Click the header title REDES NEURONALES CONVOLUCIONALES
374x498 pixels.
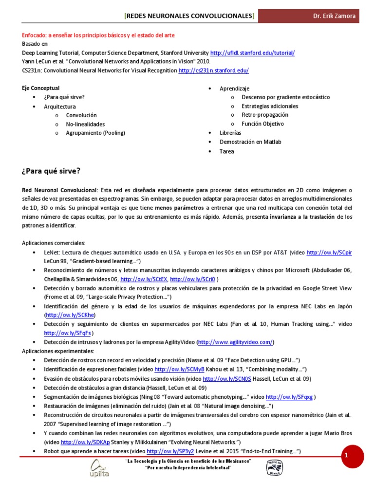tap(189, 16)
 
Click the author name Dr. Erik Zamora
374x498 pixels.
tap(334, 16)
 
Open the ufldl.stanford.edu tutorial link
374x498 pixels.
tap(252, 53)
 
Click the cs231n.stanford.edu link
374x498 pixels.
tap(214, 71)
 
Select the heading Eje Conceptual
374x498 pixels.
tap(41, 88)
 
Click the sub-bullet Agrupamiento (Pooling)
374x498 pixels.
tap(95, 133)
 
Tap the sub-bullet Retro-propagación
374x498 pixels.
tap(265, 115)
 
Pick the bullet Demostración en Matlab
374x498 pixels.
tap(250, 142)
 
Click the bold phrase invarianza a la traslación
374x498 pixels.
tap(302, 217)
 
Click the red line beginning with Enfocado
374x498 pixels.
tap(98, 35)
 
